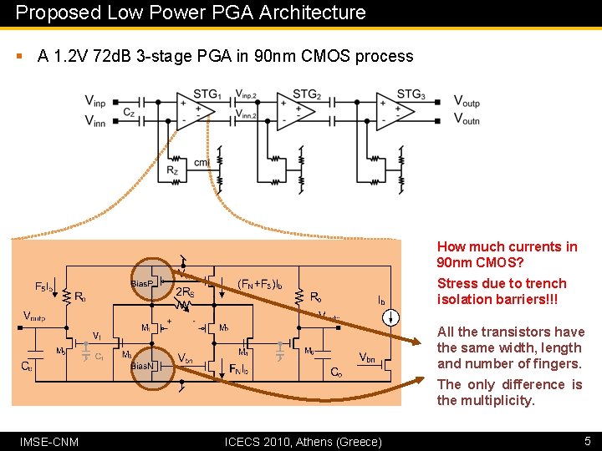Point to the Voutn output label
coord(467,119)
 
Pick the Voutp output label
coord(467,101)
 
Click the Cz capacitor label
coord(129,112)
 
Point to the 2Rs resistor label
coord(186,293)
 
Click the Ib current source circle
coord(393,317)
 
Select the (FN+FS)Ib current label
coord(261,283)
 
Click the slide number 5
coord(587,441)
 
